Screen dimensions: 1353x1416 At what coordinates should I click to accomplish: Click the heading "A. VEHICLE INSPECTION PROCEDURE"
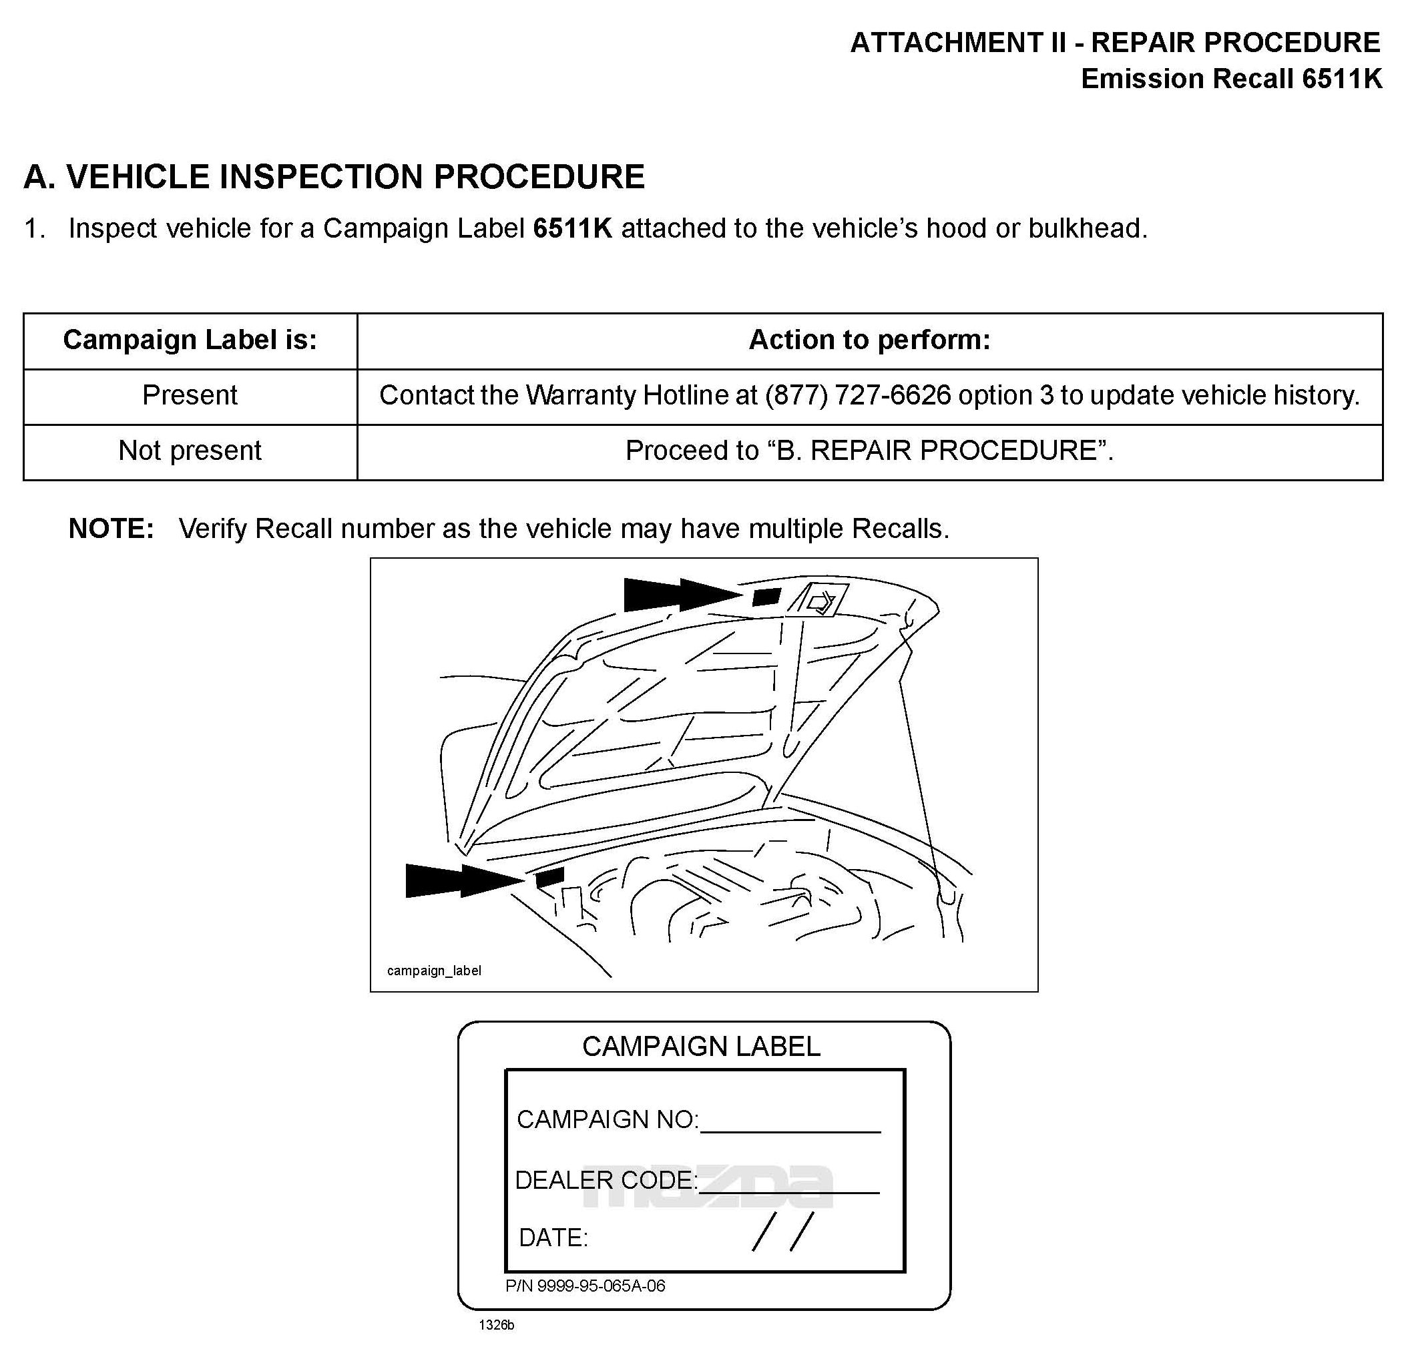[334, 177]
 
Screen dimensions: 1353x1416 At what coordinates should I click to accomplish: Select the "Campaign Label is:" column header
[190, 340]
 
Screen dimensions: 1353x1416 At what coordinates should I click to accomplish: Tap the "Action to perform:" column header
[869, 340]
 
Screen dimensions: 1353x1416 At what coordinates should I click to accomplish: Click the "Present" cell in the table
[190, 395]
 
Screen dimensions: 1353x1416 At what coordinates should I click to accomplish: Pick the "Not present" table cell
[190, 451]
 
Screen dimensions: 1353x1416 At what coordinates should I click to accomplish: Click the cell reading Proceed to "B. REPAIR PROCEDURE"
[869, 451]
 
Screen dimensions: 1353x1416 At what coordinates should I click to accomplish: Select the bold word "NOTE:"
[111, 529]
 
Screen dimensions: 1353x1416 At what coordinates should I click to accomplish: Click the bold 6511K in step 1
[572, 229]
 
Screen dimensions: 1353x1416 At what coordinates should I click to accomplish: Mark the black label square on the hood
[766, 597]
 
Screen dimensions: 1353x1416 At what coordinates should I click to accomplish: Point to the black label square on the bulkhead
[549, 878]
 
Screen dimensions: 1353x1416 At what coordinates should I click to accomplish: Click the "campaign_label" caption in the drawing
[433, 971]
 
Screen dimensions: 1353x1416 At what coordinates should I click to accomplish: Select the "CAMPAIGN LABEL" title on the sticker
[700, 1047]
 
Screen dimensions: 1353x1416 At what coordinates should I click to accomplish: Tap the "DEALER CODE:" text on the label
[606, 1180]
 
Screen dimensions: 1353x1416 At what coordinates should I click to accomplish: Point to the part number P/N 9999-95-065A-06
[585, 1286]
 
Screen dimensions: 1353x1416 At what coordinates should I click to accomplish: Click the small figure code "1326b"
[496, 1326]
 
